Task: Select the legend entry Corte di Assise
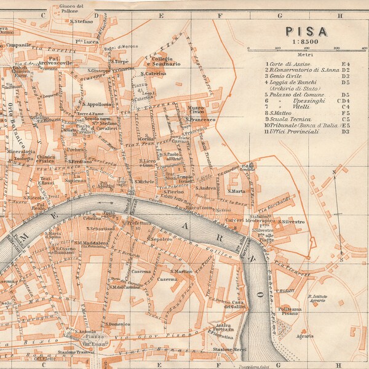(288, 64)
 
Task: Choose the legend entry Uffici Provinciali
(292, 131)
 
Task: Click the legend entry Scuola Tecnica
(288, 118)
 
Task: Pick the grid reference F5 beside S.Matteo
(345, 113)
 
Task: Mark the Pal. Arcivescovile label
(57, 60)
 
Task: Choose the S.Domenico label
(116, 323)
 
